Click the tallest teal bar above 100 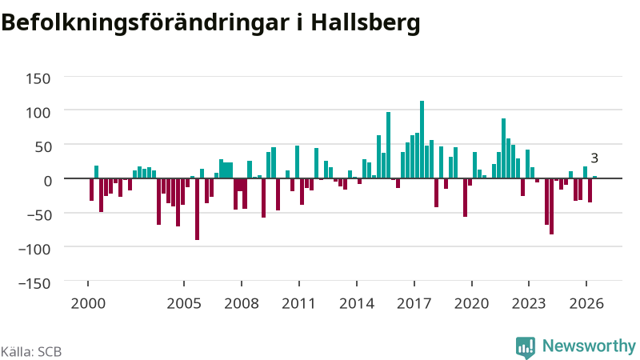[x=422, y=139]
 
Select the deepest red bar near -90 [x=197, y=209]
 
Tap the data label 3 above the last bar [x=594, y=158]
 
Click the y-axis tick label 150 [x=38, y=78]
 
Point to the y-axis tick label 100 [x=38, y=112]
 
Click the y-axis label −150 [x=34, y=283]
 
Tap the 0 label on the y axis [x=47, y=181]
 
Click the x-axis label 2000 [x=88, y=304]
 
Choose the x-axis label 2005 [x=184, y=304]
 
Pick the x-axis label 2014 [x=357, y=304]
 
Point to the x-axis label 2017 [x=414, y=304]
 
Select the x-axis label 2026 [x=586, y=304]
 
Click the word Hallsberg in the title [x=366, y=22]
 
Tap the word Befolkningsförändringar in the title [x=145, y=22]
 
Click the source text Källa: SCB [x=31, y=352]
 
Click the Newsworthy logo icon [x=526, y=348]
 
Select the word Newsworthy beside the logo [x=589, y=346]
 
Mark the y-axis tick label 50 [x=42, y=146]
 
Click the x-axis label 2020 [x=471, y=304]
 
